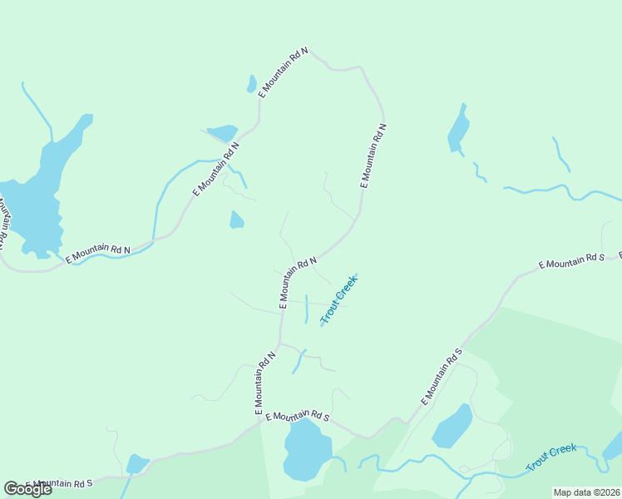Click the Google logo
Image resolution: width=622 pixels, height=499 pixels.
[27, 489]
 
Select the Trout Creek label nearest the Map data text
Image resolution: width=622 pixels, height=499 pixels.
[551, 458]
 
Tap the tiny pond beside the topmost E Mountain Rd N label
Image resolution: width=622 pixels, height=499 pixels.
[251, 84]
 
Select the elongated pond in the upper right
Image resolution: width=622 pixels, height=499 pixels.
[458, 130]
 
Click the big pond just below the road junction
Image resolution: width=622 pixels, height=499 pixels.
[305, 449]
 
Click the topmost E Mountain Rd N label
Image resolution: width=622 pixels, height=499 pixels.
[284, 73]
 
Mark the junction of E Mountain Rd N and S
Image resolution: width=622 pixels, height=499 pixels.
[264, 419]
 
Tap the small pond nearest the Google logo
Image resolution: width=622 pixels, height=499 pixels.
[136, 463]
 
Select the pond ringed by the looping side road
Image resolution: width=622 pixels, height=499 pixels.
[452, 426]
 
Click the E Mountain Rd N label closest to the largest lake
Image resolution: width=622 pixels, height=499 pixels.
[99, 253]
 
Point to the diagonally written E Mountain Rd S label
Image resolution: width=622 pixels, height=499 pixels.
[441, 377]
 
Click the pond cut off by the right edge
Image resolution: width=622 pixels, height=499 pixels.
[613, 446]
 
